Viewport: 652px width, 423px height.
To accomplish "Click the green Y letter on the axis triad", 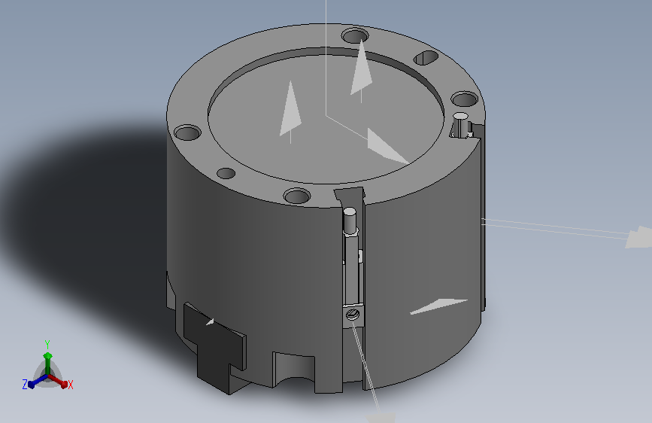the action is tap(47, 344).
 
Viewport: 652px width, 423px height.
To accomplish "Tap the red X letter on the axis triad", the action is tap(70, 385).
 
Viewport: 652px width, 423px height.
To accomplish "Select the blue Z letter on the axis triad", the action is tap(25, 385).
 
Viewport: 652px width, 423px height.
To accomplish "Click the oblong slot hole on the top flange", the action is tap(426, 57).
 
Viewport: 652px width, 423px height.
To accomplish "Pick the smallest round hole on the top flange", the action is tap(226, 173).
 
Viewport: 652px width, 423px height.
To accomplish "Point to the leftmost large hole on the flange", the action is tap(187, 132).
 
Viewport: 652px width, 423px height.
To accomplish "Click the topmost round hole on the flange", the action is tap(355, 35).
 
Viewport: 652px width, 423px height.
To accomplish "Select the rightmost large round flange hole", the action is tap(465, 99).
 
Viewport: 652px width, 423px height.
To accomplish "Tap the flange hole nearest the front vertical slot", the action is tap(297, 196).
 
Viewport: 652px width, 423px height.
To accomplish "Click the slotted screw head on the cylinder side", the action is tap(353, 314).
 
